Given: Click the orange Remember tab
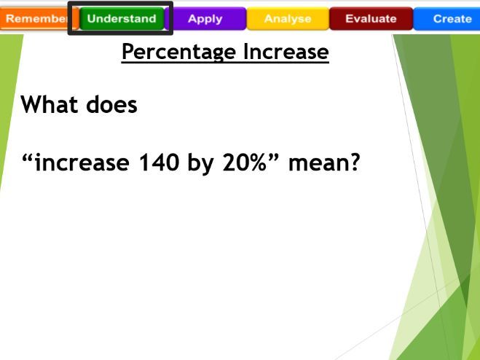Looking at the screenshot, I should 32,18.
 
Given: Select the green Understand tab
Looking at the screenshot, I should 121,18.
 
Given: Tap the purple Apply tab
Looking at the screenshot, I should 205,18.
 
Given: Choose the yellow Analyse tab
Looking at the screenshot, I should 287,18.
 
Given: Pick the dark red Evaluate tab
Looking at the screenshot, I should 371,18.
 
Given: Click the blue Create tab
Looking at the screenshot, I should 451,18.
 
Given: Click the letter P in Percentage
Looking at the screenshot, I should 127,52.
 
